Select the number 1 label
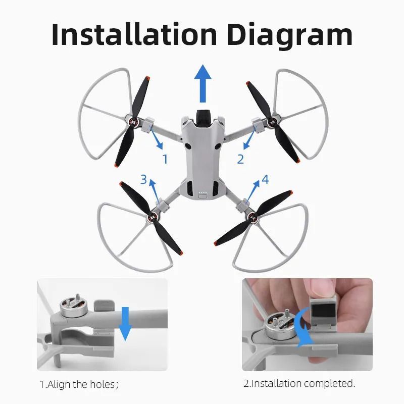coord(165,159)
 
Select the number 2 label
coord(240,159)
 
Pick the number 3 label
coord(143,179)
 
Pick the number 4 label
coord(265,179)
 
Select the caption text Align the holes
coord(79,384)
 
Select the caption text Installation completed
coord(299,384)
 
